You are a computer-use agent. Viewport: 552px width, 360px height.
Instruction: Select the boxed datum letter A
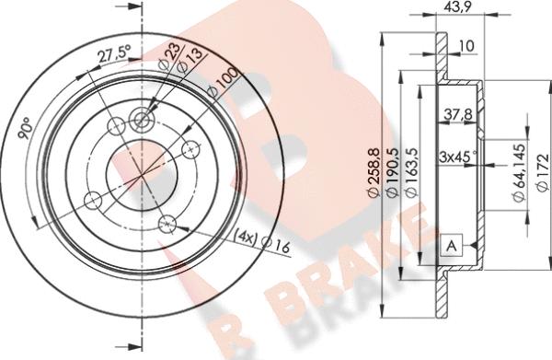(x=452, y=246)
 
